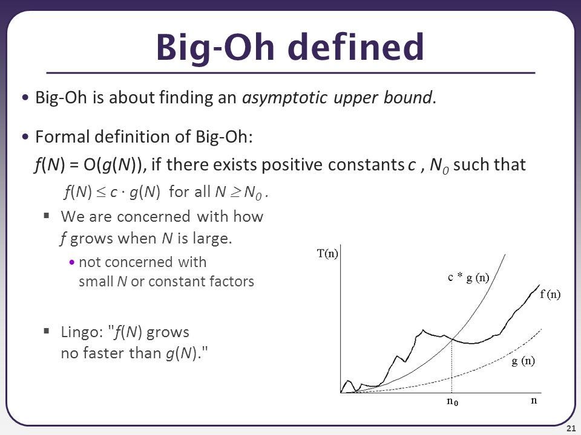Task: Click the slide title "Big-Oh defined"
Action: [x=290, y=47]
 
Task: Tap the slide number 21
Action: [x=570, y=428]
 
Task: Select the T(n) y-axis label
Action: [x=328, y=254]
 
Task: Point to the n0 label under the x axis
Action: [x=451, y=402]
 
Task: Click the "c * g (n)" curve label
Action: [x=468, y=277]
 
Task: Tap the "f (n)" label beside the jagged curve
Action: [x=550, y=294]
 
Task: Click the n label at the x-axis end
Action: [x=534, y=400]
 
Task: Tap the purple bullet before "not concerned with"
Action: [x=73, y=263]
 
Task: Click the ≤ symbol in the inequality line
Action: [x=100, y=192]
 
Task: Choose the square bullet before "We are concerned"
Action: [x=47, y=216]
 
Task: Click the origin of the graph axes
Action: [x=341, y=393]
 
